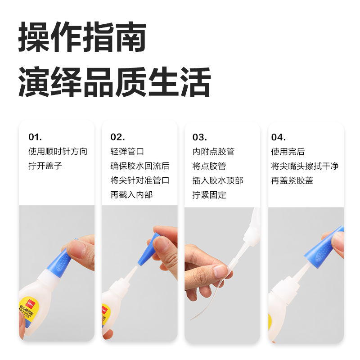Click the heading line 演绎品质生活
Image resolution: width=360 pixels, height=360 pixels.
tap(114, 82)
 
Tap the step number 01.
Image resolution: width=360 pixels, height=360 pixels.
tap(35, 137)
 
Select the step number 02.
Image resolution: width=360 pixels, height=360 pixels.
tap(117, 137)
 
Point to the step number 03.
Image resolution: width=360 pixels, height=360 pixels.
tap(200, 137)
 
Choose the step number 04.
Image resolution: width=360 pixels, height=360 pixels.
tap(278, 137)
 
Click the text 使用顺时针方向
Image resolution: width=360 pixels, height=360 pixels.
tap(58, 152)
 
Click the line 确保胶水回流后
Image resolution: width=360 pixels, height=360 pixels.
tap(139, 166)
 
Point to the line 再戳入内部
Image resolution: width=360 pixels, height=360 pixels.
tap(131, 195)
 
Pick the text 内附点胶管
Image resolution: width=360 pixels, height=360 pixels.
tap(213, 152)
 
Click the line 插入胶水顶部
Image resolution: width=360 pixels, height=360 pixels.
tap(218, 180)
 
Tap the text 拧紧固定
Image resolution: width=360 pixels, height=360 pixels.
tap(209, 195)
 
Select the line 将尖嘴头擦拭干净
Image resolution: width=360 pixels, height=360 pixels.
tap(304, 166)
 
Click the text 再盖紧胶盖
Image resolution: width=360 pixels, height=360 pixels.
tap(292, 180)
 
